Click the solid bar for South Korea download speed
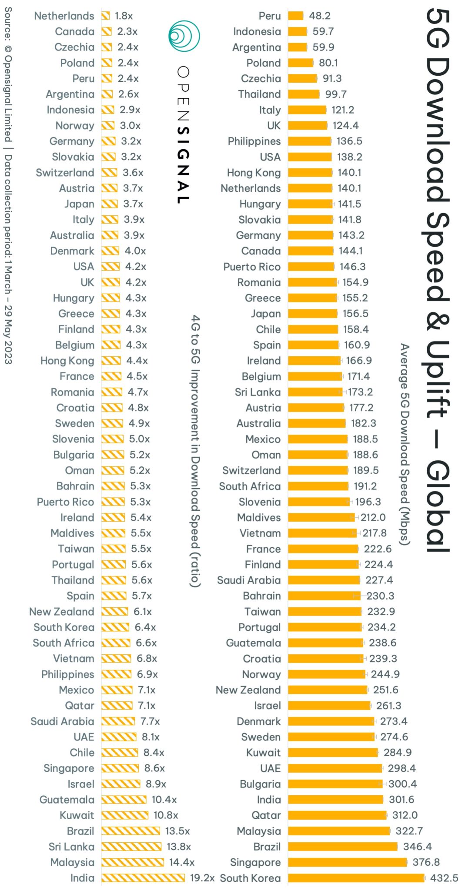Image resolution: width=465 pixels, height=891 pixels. [x=356, y=878]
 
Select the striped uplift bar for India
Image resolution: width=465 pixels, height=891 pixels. [x=143, y=878]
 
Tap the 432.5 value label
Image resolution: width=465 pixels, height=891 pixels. [x=444, y=878]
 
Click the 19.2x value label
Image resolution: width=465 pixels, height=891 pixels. [x=202, y=878]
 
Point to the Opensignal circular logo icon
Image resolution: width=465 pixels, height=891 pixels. [x=184, y=36]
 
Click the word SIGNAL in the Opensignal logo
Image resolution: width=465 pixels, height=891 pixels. [x=184, y=165]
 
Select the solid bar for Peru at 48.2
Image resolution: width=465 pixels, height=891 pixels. [x=295, y=16]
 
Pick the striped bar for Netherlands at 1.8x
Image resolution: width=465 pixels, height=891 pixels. [x=105, y=16]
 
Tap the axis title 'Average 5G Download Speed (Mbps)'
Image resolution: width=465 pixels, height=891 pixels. [x=405, y=444]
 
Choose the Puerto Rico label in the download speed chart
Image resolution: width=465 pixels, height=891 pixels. [x=252, y=267]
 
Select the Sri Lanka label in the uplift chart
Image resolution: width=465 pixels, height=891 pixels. [x=71, y=847]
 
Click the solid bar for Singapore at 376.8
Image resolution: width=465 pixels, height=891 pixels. [x=347, y=862]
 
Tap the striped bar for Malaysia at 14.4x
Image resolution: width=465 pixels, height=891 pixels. [x=132, y=862]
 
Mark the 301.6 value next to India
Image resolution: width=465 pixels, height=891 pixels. [x=401, y=800]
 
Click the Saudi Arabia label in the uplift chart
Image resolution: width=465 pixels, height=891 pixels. [x=62, y=721]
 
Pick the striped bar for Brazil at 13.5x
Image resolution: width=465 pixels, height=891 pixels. [x=130, y=831]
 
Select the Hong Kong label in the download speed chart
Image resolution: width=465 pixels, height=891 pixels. [x=254, y=173]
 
